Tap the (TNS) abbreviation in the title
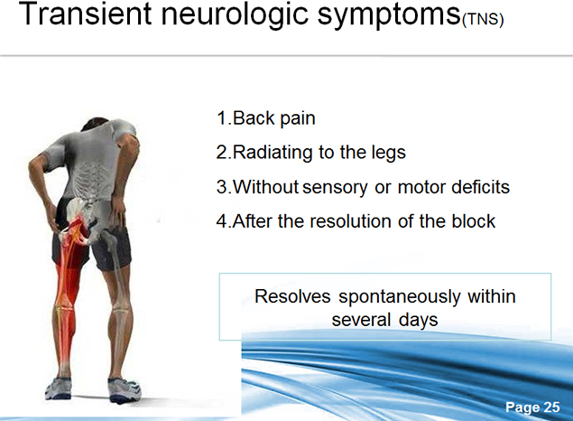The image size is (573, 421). pyautogui.click(x=483, y=19)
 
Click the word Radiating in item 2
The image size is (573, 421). pyautogui.click(x=273, y=153)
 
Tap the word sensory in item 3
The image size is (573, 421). pyautogui.click(x=335, y=188)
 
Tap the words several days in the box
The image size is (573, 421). pyautogui.click(x=384, y=320)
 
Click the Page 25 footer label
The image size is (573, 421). pyautogui.click(x=532, y=407)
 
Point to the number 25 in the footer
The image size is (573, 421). pyautogui.click(x=552, y=407)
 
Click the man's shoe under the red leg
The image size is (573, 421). pyautogui.click(x=58, y=388)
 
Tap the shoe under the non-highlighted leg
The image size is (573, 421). pyautogui.click(x=124, y=390)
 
